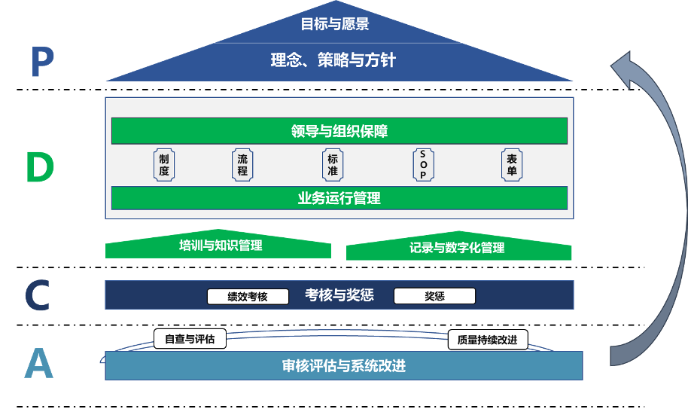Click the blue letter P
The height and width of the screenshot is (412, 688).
point(41,63)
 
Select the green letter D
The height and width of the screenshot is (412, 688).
point(40,168)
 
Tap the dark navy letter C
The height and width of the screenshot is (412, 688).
point(37,295)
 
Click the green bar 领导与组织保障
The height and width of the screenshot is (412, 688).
point(339,131)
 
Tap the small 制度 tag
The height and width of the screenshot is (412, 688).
point(164,165)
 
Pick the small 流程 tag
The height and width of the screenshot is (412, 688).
point(242,165)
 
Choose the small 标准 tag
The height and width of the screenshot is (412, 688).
point(333,165)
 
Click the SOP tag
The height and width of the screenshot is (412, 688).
point(423,165)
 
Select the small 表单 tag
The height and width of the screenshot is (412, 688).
point(512,165)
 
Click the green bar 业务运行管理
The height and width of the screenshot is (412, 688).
point(339,198)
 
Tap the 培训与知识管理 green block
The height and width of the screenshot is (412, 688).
point(218,247)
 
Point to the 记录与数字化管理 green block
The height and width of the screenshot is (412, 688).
point(458,249)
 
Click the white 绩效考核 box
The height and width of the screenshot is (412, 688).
point(248,297)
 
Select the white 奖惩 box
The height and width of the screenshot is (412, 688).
point(434,296)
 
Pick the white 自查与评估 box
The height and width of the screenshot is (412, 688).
point(190,339)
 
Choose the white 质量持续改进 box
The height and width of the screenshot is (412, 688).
point(487,340)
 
